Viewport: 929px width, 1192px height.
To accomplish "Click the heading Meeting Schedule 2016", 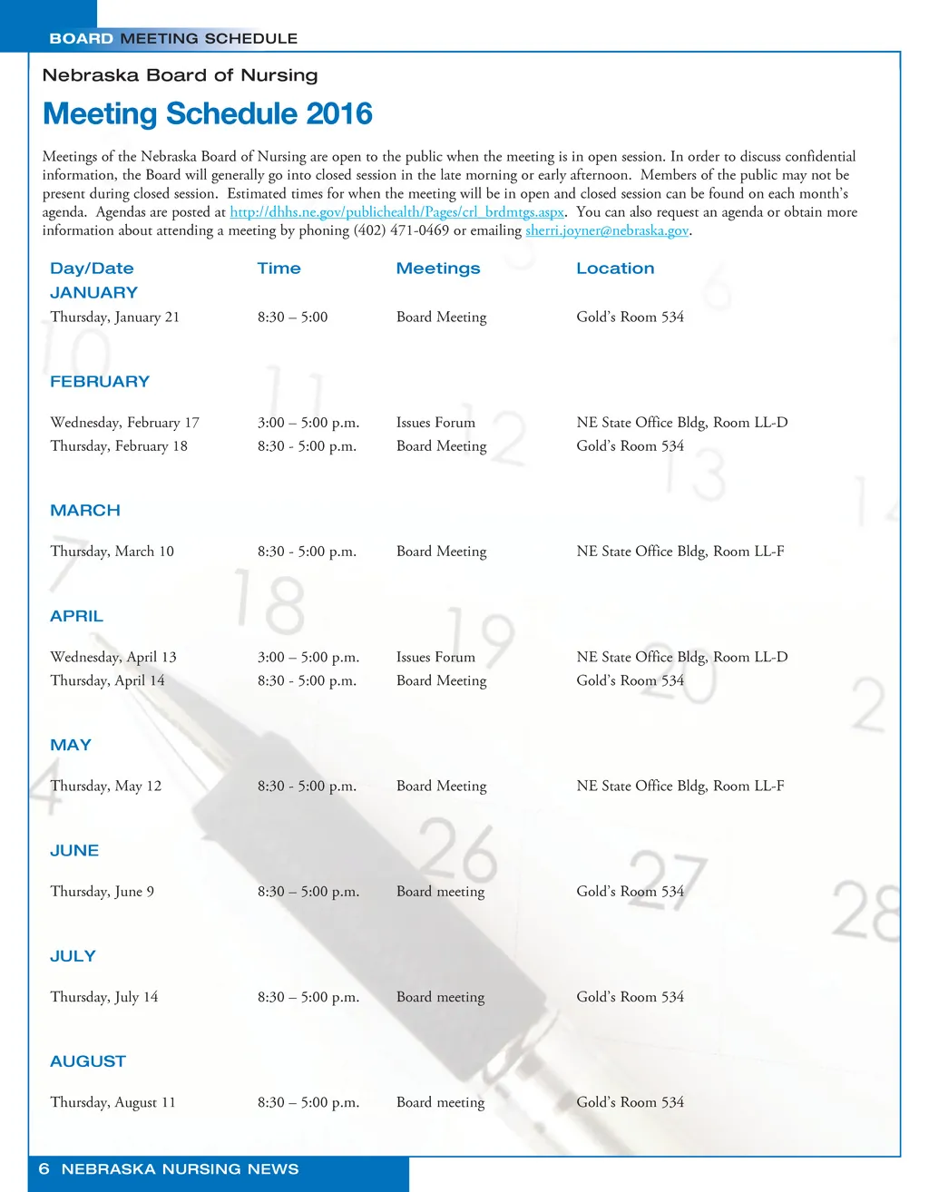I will pyautogui.click(x=208, y=114).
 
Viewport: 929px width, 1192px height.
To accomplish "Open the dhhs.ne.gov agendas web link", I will pyautogui.click(x=396, y=212).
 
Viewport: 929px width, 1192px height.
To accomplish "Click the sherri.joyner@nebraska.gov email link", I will pyautogui.click(x=607, y=230).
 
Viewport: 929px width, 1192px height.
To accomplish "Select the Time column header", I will pyautogui.click(x=279, y=269).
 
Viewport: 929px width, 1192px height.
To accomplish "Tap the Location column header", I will pyautogui.click(x=615, y=269).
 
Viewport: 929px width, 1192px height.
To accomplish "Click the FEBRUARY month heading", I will pyautogui.click(x=100, y=382).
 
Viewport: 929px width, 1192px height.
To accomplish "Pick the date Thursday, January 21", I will pyautogui.click(x=115, y=318).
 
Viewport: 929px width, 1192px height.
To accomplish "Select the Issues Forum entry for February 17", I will pyautogui.click(x=435, y=423).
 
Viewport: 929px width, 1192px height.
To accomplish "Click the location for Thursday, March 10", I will pyautogui.click(x=680, y=552).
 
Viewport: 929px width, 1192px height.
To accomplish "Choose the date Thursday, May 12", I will pyautogui.click(x=106, y=787).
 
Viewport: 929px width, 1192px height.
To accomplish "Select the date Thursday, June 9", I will pyautogui.click(x=103, y=892).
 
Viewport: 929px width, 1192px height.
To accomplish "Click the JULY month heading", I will pyautogui.click(x=73, y=956).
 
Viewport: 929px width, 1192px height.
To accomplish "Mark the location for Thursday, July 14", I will pyautogui.click(x=630, y=997).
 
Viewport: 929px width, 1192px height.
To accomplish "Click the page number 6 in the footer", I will pyautogui.click(x=44, y=1169).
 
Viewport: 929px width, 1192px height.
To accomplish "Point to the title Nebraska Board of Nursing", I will pyautogui.click(x=180, y=75).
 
